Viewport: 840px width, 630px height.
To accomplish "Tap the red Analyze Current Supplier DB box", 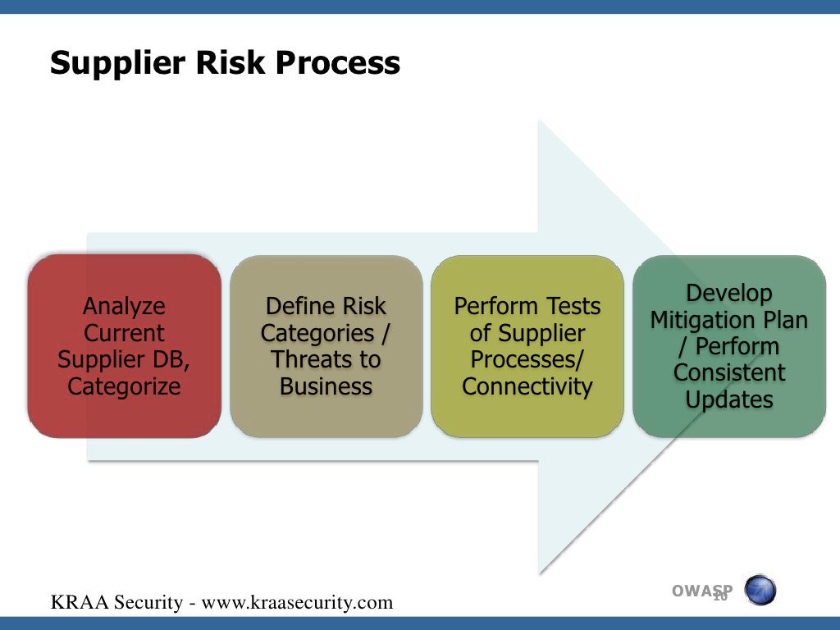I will [x=124, y=346].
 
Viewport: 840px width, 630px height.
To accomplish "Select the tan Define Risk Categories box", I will [x=326, y=346].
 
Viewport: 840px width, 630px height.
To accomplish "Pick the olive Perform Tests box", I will [x=527, y=346].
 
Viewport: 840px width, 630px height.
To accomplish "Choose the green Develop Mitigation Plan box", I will [x=728, y=346].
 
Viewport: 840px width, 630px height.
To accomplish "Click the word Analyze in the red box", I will [x=124, y=307].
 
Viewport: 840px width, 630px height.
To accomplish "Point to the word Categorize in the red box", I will [x=124, y=386].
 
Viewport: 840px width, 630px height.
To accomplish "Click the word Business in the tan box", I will [x=326, y=386].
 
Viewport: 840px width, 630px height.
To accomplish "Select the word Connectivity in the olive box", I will [x=527, y=386].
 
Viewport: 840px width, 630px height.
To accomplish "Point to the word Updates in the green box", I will [x=728, y=399].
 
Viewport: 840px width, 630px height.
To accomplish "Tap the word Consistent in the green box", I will [x=728, y=373].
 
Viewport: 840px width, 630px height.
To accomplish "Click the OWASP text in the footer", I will [x=702, y=591].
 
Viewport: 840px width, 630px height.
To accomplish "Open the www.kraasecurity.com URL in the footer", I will [x=297, y=603].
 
